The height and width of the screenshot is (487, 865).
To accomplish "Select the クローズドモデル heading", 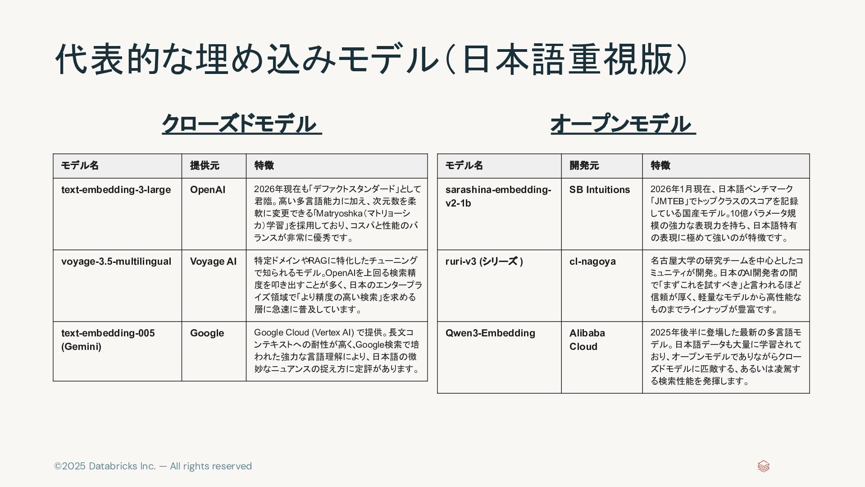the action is tap(241, 124).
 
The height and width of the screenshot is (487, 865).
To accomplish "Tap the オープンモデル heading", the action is tap(623, 124).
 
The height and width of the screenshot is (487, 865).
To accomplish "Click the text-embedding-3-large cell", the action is tap(116, 190).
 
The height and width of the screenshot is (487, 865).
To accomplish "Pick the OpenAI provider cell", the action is tap(208, 190).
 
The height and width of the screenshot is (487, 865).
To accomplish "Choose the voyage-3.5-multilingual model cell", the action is tap(116, 262).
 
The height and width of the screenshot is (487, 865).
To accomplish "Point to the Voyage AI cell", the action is tap(213, 262).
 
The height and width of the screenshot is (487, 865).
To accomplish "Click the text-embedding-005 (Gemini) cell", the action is tap(108, 340).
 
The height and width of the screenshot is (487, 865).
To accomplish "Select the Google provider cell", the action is tap(207, 333).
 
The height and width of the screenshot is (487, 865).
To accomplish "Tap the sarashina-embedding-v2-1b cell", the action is tap(498, 196).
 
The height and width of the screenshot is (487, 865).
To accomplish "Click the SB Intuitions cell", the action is tap(600, 190).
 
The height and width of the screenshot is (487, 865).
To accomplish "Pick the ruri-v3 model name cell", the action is tap(484, 262).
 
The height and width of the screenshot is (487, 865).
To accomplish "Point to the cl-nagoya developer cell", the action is tap(592, 262).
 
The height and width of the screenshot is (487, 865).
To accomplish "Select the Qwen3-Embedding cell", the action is tap(490, 333).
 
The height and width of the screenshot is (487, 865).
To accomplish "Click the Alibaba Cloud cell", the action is tap(587, 340).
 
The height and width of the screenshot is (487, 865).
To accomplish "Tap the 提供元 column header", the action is tap(205, 165).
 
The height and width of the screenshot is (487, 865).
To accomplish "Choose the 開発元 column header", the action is tap(584, 165).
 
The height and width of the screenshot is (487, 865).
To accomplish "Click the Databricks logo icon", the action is tap(763, 466).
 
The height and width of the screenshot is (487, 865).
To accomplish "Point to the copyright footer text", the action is tap(153, 466).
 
